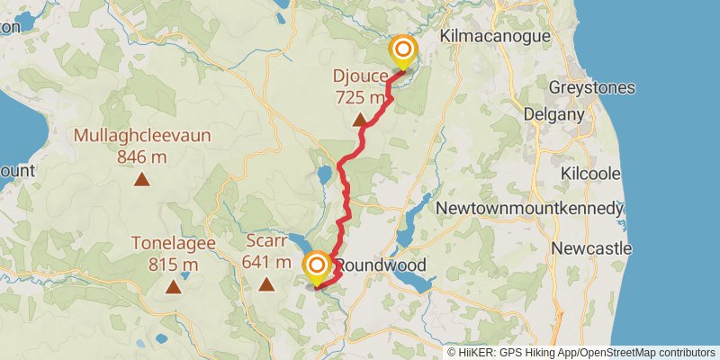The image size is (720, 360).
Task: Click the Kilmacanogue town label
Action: pos(493,36)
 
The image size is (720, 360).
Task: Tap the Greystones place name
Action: pos(593,88)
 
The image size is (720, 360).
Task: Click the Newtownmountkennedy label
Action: pos(529,209)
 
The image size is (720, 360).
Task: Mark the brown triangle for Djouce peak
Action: pos(360,120)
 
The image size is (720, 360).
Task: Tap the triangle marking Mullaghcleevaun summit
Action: pos(142,179)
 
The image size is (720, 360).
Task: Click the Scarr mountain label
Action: pos(266,241)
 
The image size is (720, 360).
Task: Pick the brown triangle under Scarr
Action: pos(266,285)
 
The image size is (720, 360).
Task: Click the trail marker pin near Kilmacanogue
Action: pos(402,52)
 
